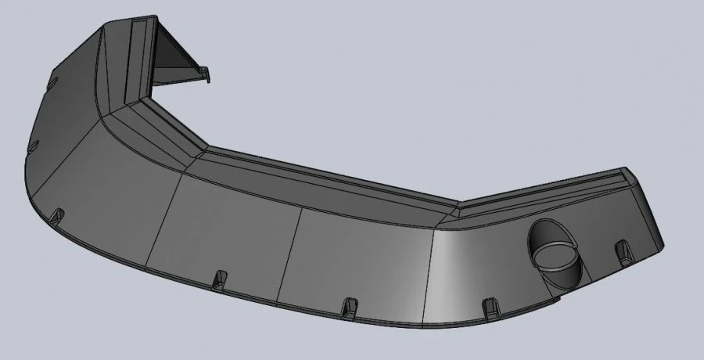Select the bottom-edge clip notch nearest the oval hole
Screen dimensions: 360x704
coord(491,307)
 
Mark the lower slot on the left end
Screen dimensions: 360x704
coord(33,146)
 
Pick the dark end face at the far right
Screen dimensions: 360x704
coord(652,211)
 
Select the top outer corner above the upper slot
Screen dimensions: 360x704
coord(102,27)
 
